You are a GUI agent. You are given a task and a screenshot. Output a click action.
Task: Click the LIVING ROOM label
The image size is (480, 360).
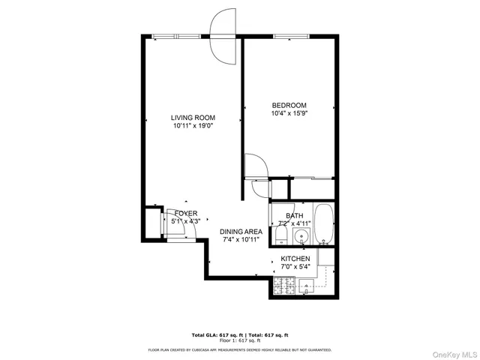coord(193,118)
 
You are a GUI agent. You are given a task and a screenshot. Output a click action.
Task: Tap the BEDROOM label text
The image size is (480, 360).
coord(289,105)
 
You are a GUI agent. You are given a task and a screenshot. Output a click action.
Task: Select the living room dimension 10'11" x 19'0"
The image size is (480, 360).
coord(193,127)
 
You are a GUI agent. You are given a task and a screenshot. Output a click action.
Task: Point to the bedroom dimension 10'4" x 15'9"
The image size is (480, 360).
coord(289,114)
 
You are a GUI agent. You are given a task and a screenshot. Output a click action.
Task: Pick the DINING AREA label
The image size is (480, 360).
coord(241,232)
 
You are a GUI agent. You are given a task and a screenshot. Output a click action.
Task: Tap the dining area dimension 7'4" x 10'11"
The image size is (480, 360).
coord(241,241)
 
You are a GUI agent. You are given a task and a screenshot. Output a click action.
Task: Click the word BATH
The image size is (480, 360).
coord(294,215)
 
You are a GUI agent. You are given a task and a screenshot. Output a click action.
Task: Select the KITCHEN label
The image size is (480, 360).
coord(295,259)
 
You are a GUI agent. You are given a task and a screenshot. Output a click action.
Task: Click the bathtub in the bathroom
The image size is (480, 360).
coord(323,225)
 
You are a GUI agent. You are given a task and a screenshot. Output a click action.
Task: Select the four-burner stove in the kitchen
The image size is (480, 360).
coord(283,285)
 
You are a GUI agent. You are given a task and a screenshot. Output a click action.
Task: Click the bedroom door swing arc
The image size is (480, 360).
coord(253,166)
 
